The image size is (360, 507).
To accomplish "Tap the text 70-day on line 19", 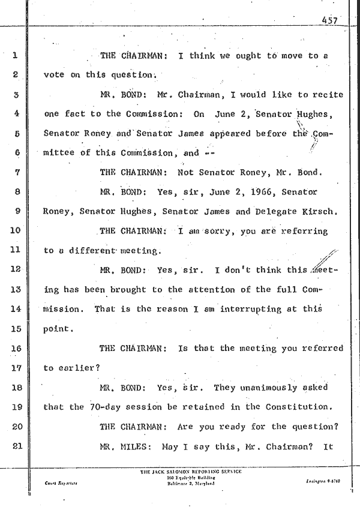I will (x=104, y=406).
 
